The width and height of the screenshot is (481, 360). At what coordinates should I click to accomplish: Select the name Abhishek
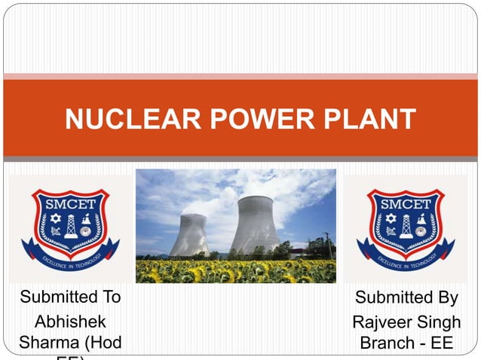click(70, 322)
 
